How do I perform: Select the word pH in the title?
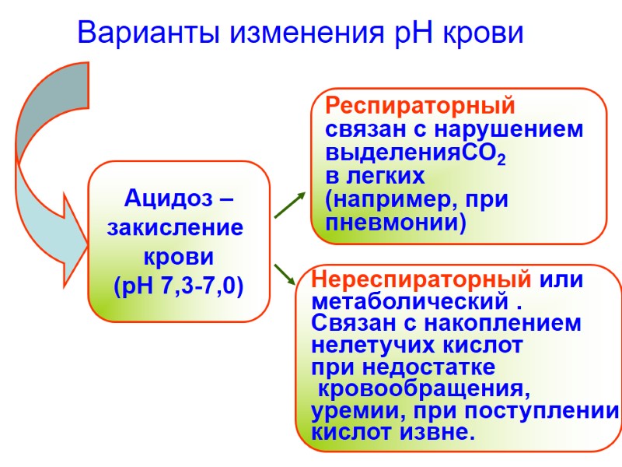pos(410,33)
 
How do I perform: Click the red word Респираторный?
pos(420,105)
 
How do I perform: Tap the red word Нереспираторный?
pos(421,279)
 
